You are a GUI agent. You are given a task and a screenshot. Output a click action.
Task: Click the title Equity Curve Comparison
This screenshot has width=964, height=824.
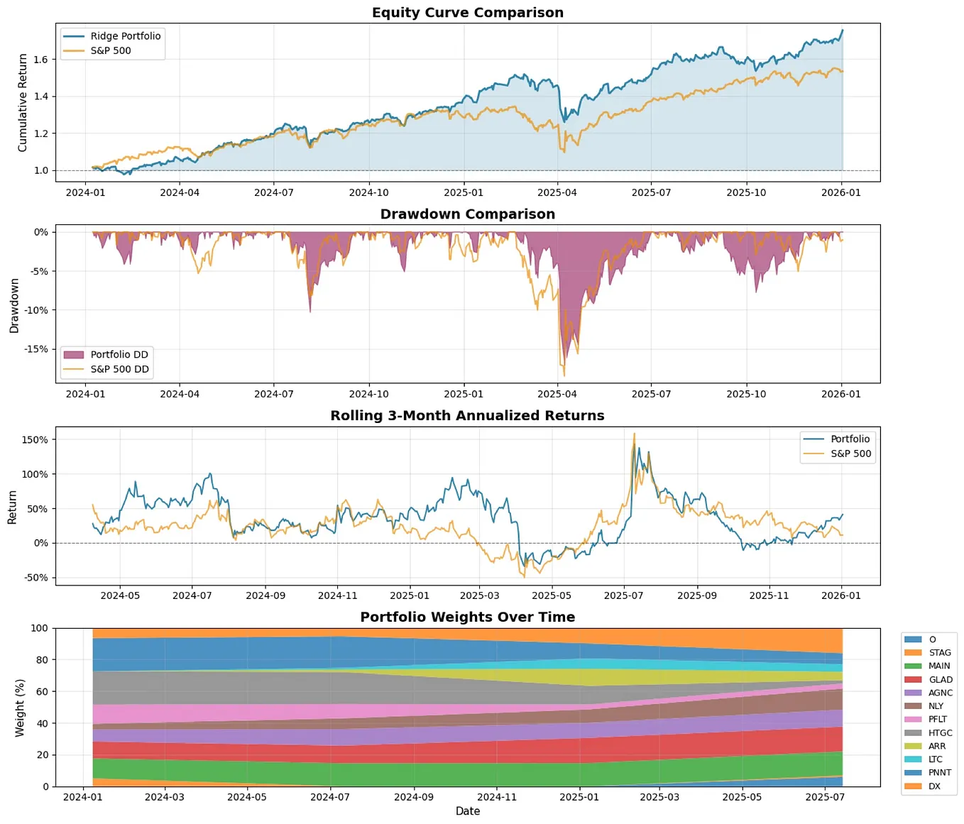coord(467,13)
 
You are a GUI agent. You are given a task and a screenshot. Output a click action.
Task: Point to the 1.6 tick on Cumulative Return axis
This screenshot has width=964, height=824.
coord(40,60)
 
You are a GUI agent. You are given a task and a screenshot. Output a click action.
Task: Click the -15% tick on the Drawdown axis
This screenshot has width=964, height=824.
coord(36,349)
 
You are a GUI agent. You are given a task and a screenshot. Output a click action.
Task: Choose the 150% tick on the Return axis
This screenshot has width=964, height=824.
coord(35,440)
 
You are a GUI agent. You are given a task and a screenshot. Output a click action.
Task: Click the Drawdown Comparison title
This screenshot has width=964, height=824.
coord(467,214)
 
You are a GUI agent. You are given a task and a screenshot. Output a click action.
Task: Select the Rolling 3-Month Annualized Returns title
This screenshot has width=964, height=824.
coord(467,416)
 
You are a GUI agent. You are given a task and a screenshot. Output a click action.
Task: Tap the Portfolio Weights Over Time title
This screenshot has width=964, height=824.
coord(467,617)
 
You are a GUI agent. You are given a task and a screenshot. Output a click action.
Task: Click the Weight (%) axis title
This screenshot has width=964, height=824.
coord(20,708)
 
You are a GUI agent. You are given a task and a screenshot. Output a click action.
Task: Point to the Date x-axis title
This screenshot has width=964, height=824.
coord(467,811)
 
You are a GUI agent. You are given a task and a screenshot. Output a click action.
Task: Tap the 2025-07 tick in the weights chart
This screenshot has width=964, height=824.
coord(825,797)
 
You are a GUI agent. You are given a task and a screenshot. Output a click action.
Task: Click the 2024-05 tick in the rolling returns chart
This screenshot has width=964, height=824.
coord(120,595)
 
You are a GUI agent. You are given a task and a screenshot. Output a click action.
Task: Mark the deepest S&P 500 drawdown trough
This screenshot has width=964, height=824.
coord(564,375)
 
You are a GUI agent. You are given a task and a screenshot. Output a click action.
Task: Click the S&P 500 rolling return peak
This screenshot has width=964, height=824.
coord(634,434)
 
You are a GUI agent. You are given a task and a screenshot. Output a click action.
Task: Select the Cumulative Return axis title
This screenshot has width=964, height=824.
coord(22,103)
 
